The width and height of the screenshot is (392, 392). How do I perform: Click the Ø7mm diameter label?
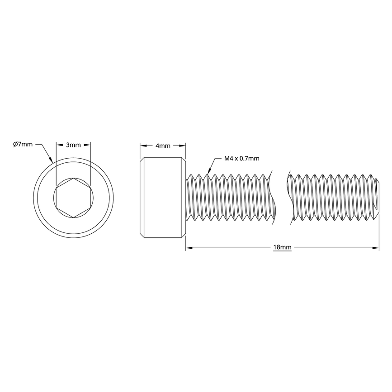pos(23,144)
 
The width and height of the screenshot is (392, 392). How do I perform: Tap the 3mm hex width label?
pos(73,145)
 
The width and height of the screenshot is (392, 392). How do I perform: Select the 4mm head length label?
pos(163,146)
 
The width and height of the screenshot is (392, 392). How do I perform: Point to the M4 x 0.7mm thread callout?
pos(242,158)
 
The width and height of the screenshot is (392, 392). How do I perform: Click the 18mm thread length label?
pos(282,248)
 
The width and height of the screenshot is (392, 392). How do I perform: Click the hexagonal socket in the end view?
pos(73,197)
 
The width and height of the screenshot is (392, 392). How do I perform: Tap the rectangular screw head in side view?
pos(163,197)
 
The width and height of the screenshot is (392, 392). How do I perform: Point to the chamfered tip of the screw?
pos(377,197)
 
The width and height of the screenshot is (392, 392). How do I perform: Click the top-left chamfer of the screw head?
pos(142,160)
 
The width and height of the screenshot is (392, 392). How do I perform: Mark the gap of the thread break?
pos(280,197)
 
